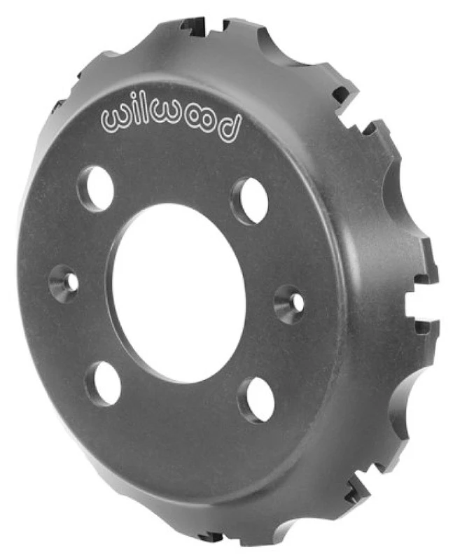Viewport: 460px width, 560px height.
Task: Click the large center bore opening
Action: pos(179,292)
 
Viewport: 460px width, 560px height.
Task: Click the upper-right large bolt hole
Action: pos(250,200)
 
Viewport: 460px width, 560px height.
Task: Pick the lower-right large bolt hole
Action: pos(256,399)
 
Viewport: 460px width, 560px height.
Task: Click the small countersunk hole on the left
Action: pos(64,283)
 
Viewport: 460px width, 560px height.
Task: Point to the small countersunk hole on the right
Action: pos(289,302)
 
